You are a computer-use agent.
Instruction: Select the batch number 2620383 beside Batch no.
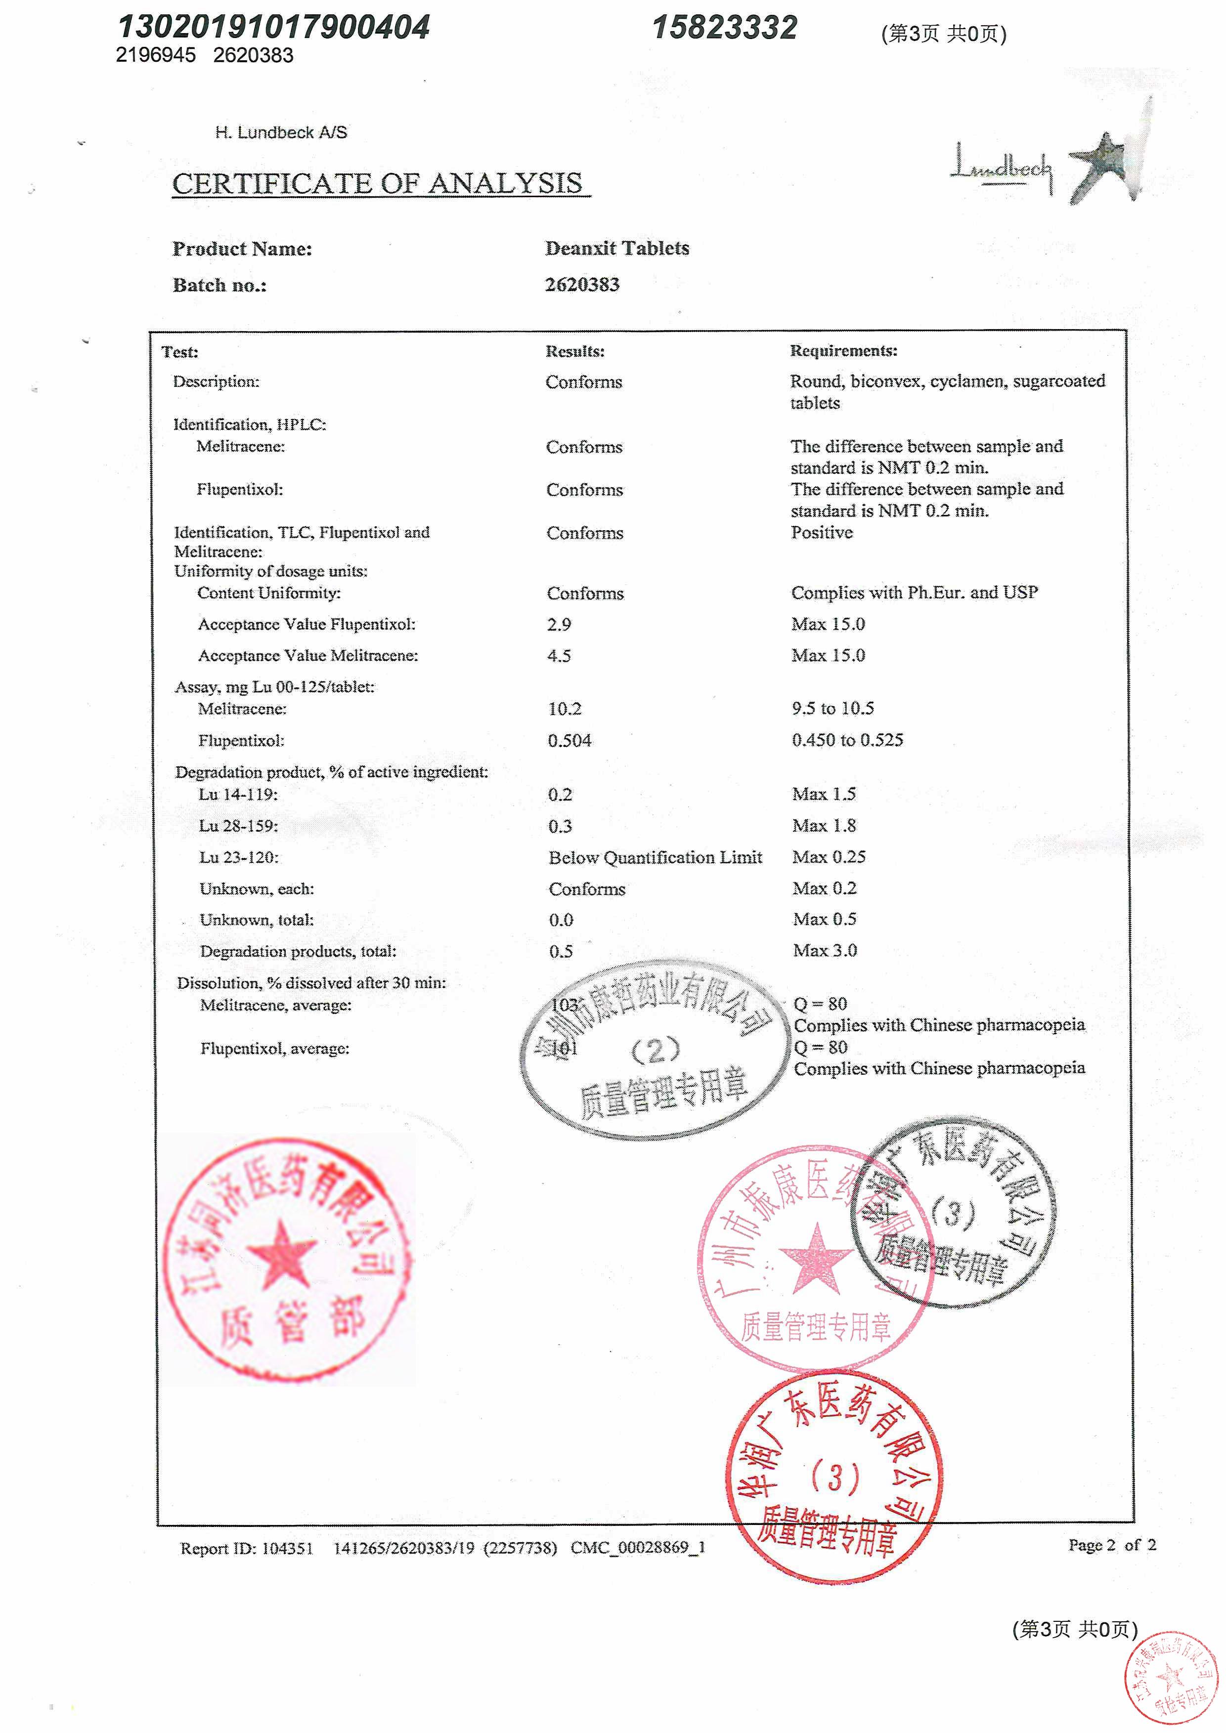pyautogui.click(x=582, y=285)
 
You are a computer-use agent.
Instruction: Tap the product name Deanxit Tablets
pyautogui.click(x=617, y=249)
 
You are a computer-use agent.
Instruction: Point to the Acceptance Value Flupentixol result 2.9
pyautogui.click(x=560, y=624)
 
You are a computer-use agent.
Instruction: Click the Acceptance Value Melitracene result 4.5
pyautogui.click(x=560, y=656)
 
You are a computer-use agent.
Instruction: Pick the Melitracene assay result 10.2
pyautogui.click(x=565, y=709)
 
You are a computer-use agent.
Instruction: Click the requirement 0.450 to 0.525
pyautogui.click(x=847, y=740)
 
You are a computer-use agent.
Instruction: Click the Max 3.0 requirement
pyautogui.click(x=825, y=950)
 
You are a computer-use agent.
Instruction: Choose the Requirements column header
pyautogui.click(x=843, y=351)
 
